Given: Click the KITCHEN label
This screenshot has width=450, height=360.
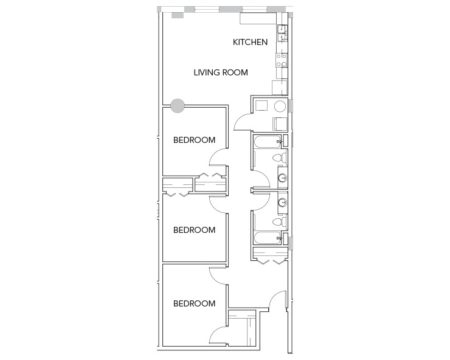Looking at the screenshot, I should click(250, 43).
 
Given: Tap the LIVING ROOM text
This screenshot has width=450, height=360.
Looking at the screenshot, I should click(221, 72).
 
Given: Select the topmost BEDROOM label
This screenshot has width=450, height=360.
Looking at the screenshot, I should click(194, 140).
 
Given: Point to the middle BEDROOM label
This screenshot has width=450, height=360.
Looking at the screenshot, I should click(194, 230).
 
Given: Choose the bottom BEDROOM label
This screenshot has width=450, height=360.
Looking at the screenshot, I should click(194, 303).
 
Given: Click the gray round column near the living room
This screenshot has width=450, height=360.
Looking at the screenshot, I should click(177, 106).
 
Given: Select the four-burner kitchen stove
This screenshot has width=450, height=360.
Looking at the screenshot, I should click(282, 59).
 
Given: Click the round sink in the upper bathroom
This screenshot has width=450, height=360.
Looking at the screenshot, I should click(282, 178).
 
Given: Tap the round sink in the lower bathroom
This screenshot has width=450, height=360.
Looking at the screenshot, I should click(282, 202).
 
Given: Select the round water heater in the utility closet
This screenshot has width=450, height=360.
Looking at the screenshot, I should click(280, 106).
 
